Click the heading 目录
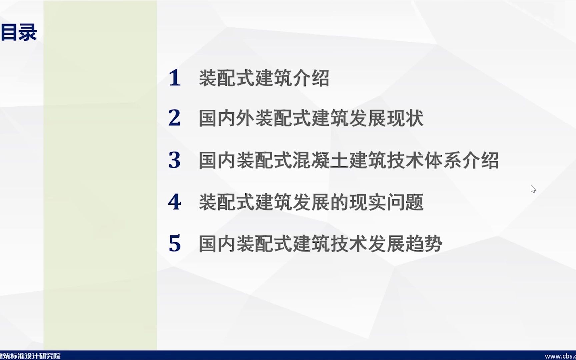(x=19, y=33)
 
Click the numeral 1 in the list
(x=175, y=78)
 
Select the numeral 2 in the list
(x=175, y=118)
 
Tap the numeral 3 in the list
(x=175, y=160)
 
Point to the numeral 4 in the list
(x=175, y=202)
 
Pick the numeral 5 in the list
(x=175, y=243)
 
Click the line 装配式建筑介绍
(x=264, y=78)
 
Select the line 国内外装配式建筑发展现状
(x=311, y=118)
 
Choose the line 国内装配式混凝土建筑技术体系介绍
(x=349, y=160)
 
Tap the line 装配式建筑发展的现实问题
(x=311, y=202)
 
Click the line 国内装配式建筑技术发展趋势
(x=320, y=244)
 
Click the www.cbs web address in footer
(x=560, y=356)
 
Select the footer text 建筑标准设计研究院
(x=31, y=356)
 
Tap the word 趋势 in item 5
(x=424, y=244)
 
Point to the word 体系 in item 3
(x=443, y=160)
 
